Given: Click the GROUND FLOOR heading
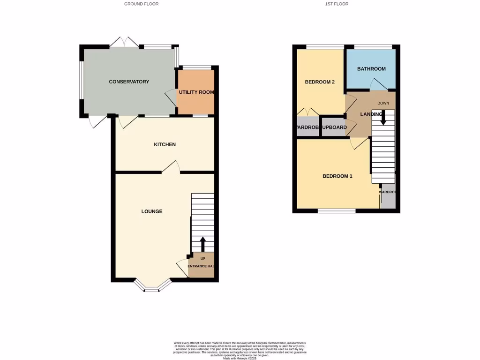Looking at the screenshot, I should pos(141,4).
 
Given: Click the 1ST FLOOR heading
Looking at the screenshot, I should pos(337,4).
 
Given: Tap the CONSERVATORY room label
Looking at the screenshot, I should pos(129,82).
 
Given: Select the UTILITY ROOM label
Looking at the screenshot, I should pos(196,92).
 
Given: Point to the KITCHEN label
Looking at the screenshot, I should pos(165,144).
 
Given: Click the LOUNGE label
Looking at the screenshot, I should pos(152,211).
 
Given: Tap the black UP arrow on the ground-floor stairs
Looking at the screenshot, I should pos(202,244).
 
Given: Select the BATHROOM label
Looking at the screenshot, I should pos(371,69).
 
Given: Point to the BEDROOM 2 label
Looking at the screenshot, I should pos(320,82).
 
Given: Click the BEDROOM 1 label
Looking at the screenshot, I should pos(337,176).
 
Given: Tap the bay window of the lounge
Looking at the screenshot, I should pos(152,287).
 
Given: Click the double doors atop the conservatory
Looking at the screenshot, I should pos(124,43).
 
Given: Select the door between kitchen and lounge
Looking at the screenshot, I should pos(172,168).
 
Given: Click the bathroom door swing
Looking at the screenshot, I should pos(379,84).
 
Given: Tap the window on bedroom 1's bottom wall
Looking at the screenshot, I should pos(337,211).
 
